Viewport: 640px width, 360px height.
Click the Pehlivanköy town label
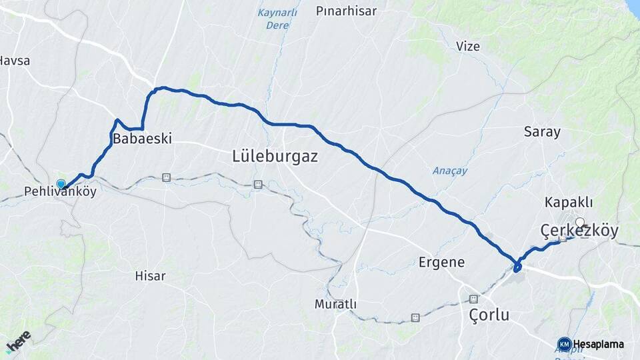[x=60, y=192]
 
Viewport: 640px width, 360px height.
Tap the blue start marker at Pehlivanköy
[x=61, y=183]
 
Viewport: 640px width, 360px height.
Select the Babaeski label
[x=143, y=139]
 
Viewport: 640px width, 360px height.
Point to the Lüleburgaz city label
[x=275, y=157]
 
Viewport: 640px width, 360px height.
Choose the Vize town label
[x=468, y=46]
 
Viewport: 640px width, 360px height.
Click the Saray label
[x=542, y=131]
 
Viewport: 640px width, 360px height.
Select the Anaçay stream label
[x=450, y=171]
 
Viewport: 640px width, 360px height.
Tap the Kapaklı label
[x=569, y=202]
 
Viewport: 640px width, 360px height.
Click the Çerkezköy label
[x=579, y=231]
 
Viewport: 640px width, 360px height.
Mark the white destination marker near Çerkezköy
[x=580, y=223]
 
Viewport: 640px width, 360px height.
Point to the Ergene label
[x=441, y=262]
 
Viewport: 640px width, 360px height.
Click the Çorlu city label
[x=489, y=315]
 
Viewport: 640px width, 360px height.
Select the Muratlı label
[x=335, y=304]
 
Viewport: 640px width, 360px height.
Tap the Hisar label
[x=150, y=275]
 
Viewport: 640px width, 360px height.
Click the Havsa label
[x=14, y=61]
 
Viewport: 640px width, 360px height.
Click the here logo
[x=18, y=341]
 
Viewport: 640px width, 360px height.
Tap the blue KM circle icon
[x=564, y=344]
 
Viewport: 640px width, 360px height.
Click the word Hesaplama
[x=599, y=344]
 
